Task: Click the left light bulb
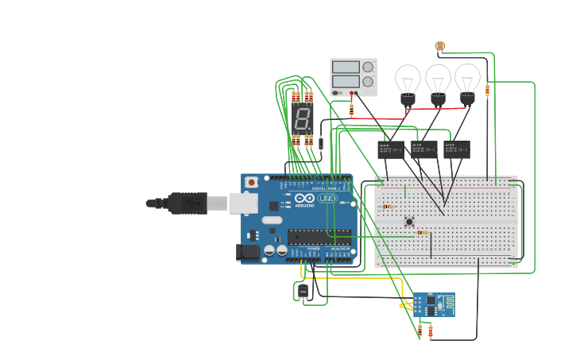click(408, 83)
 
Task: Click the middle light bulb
click(438, 83)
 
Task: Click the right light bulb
click(467, 83)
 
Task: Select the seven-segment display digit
click(302, 120)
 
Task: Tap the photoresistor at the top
click(440, 46)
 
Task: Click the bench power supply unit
click(354, 77)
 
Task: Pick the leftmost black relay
click(390, 149)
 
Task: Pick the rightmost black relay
click(456, 149)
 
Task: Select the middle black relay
click(423, 149)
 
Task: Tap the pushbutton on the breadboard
click(409, 222)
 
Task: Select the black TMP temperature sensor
click(303, 292)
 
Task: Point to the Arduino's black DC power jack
click(249, 253)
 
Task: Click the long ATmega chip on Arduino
click(319, 236)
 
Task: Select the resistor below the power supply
click(351, 109)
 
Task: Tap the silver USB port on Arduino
click(244, 203)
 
